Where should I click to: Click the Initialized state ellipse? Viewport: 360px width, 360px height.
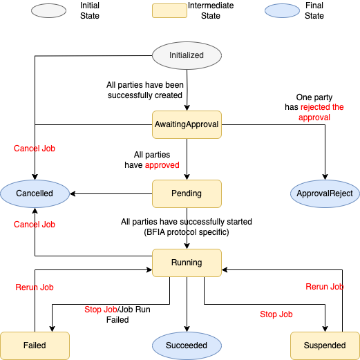pos(187,55)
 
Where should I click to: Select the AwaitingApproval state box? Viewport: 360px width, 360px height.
pos(187,124)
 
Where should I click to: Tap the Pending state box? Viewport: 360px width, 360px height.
pos(187,193)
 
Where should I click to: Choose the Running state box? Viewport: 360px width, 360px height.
pos(187,263)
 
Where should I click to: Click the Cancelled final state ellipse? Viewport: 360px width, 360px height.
pos(35,193)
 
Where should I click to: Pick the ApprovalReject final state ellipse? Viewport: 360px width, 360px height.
pos(325,193)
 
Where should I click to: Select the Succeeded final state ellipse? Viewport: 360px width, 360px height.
pos(187,345)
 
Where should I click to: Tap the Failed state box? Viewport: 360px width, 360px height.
pos(35,345)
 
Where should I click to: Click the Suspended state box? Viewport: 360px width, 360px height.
pos(325,345)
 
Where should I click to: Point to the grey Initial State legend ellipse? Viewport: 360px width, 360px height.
pos(48,10)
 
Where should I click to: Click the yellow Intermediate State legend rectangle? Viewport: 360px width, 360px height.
pos(169,10)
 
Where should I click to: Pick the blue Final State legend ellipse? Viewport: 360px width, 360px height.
pos(282,10)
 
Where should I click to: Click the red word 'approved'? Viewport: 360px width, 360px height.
pos(162,165)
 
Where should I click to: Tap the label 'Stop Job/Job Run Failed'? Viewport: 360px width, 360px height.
pos(117,314)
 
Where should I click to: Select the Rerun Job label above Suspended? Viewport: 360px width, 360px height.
pos(325,287)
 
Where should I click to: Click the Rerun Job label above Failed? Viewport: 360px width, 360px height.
pos(35,287)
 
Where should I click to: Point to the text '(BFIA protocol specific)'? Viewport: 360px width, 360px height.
pos(187,232)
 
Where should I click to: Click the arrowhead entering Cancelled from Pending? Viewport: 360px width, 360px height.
pos(73,193)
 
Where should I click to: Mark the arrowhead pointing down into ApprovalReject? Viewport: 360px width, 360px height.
pos(325,177)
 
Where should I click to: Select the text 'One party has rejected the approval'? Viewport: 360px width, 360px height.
pos(314,107)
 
